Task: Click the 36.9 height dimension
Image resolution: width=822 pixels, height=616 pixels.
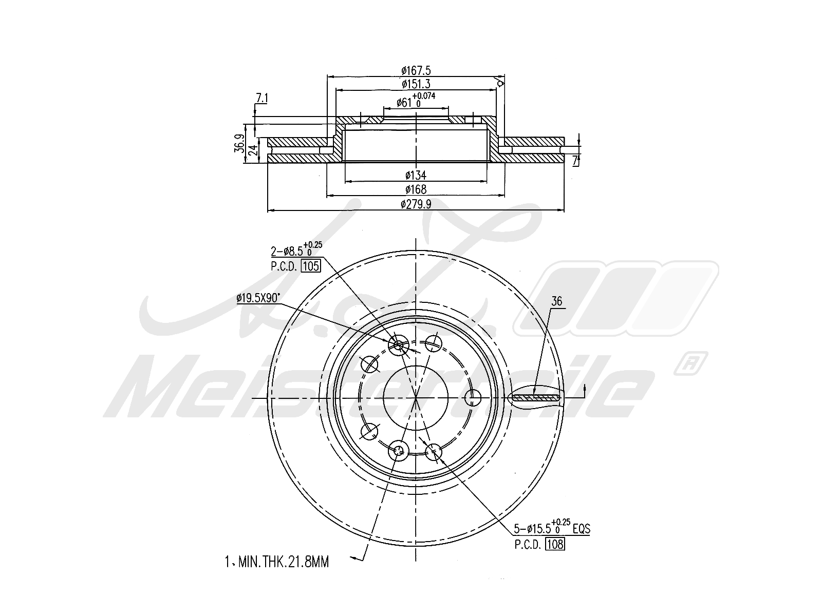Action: pyautogui.click(x=238, y=144)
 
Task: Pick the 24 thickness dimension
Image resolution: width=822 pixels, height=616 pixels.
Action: pyautogui.click(x=252, y=150)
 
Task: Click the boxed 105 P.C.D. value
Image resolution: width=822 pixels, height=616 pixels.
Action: pyautogui.click(x=311, y=266)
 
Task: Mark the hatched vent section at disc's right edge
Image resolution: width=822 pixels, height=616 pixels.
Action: pyautogui.click(x=535, y=397)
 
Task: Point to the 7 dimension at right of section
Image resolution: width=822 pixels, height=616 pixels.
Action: pyautogui.click(x=575, y=160)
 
